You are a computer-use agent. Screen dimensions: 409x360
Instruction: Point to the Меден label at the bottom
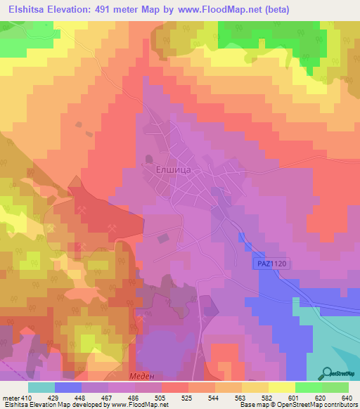point(141,376)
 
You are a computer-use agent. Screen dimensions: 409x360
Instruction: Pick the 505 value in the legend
point(147,397)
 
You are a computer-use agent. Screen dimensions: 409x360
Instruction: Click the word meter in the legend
point(9,397)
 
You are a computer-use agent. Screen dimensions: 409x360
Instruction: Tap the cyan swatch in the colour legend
point(41,387)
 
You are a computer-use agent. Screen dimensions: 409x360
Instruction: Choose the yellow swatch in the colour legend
point(282,387)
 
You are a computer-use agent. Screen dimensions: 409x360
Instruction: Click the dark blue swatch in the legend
point(68,387)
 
